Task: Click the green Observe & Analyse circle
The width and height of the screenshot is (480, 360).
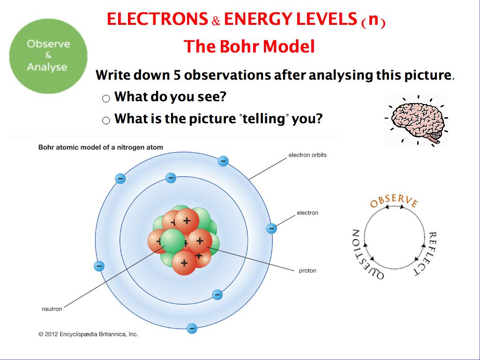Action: [x=48, y=56]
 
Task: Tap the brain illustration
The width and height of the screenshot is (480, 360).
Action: [x=416, y=121]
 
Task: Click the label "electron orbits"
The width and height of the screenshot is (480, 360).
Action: [x=307, y=155]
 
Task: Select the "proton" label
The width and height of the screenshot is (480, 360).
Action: [x=307, y=271]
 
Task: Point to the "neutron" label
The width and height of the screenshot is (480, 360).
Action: [x=52, y=309]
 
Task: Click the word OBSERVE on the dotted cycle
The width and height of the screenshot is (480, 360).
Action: [x=394, y=201]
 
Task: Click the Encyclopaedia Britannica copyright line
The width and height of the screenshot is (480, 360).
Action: [x=89, y=334]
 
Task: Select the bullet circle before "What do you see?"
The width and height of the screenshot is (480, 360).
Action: [x=106, y=98]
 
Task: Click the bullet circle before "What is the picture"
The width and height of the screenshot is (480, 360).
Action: [x=106, y=120]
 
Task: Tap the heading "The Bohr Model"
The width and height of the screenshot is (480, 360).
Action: [x=249, y=46]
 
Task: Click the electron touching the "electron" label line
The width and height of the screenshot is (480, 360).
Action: [x=271, y=228]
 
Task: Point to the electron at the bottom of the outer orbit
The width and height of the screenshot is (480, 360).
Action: [x=192, y=329]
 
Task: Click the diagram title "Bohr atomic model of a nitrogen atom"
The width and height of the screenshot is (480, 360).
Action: [x=101, y=147]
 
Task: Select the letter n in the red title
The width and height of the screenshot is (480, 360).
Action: [x=374, y=19]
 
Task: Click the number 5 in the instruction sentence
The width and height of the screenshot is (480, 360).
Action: [x=177, y=75]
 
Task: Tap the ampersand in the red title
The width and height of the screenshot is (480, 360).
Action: [x=216, y=21]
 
